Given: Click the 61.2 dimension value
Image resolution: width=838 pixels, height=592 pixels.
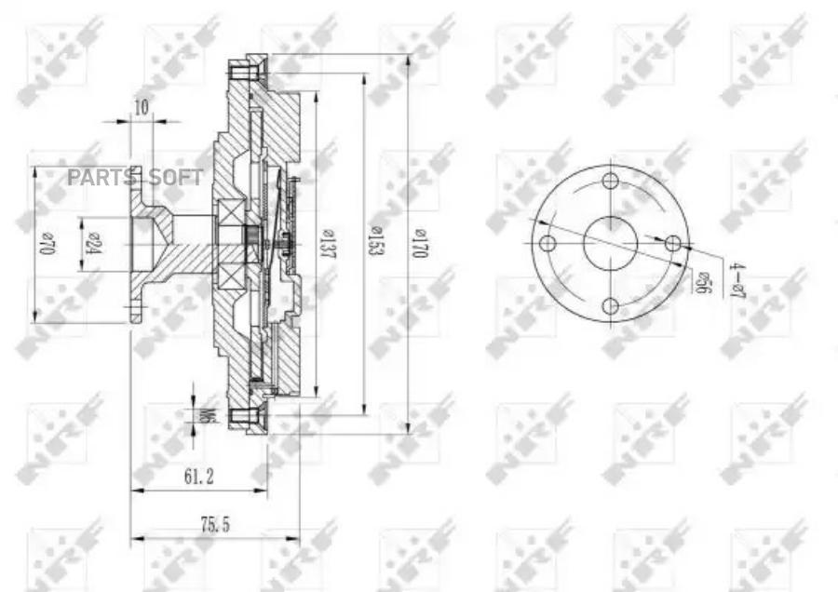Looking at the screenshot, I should [x=198, y=477].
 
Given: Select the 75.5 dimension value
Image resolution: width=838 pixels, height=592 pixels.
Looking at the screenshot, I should [x=214, y=525].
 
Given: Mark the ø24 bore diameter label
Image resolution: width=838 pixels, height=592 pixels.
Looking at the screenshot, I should [x=93, y=244].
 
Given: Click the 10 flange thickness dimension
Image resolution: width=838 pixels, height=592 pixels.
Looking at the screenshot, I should [x=141, y=107].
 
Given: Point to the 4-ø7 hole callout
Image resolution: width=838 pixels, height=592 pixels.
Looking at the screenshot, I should [x=737, y=280].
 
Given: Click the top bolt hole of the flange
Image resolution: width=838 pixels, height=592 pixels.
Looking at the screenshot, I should [x=610, y=181].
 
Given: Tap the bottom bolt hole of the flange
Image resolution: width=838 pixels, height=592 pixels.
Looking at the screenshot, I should [x=610, y=306].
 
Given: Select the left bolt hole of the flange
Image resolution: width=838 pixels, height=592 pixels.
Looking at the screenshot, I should [x=547, y=244].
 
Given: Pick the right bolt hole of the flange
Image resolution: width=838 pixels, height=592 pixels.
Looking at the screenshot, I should [x=672, y=244].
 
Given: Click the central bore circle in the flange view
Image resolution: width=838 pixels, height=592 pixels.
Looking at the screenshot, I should [x=610, y=244].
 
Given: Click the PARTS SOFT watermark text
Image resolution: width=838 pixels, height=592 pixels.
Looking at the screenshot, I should [x=135, y=177].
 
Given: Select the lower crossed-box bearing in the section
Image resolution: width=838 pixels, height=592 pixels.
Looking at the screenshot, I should [x=226, y=276].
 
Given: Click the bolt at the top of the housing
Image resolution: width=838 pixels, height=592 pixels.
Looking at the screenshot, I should [x=248, y=71].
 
